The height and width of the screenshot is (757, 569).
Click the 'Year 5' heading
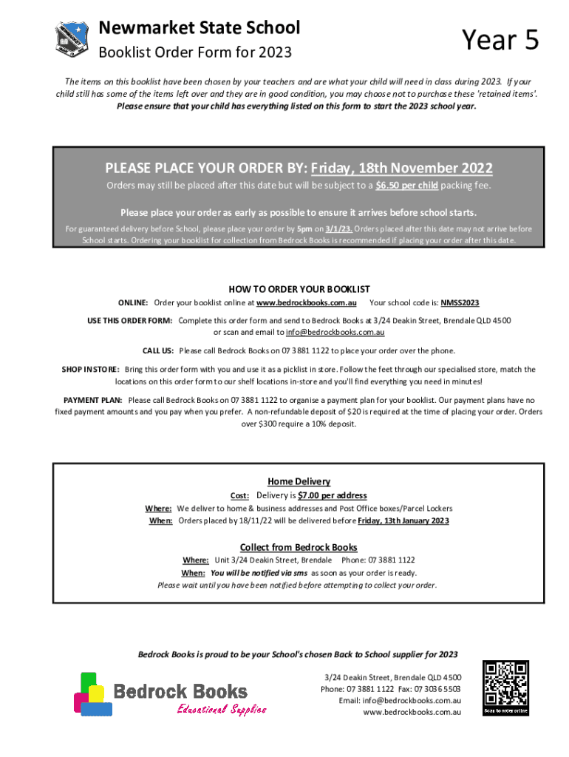(x=500, y=40)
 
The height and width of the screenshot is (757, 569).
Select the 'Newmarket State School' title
(x=200, y=28)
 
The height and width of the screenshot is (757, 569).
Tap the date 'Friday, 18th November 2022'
(x=412, y=168)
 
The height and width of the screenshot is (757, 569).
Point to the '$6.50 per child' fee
(x=406, y=186)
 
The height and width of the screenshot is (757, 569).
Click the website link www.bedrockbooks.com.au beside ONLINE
(x=307, y=303)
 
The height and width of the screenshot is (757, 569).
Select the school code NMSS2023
(x=460, y=303)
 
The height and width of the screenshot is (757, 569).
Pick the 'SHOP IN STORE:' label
(x=91, y=369)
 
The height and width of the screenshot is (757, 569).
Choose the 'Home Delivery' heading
(x=299, y=481)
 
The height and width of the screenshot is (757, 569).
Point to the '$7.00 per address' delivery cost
(x=332, y=495)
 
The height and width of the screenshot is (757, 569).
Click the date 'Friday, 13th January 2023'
(x=403, y=520)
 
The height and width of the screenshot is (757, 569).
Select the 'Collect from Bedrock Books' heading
(x=299, y=547)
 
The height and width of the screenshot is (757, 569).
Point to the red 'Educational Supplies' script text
(x=221, y=710)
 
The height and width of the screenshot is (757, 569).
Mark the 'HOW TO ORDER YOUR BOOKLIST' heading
(x=299, y=289)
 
